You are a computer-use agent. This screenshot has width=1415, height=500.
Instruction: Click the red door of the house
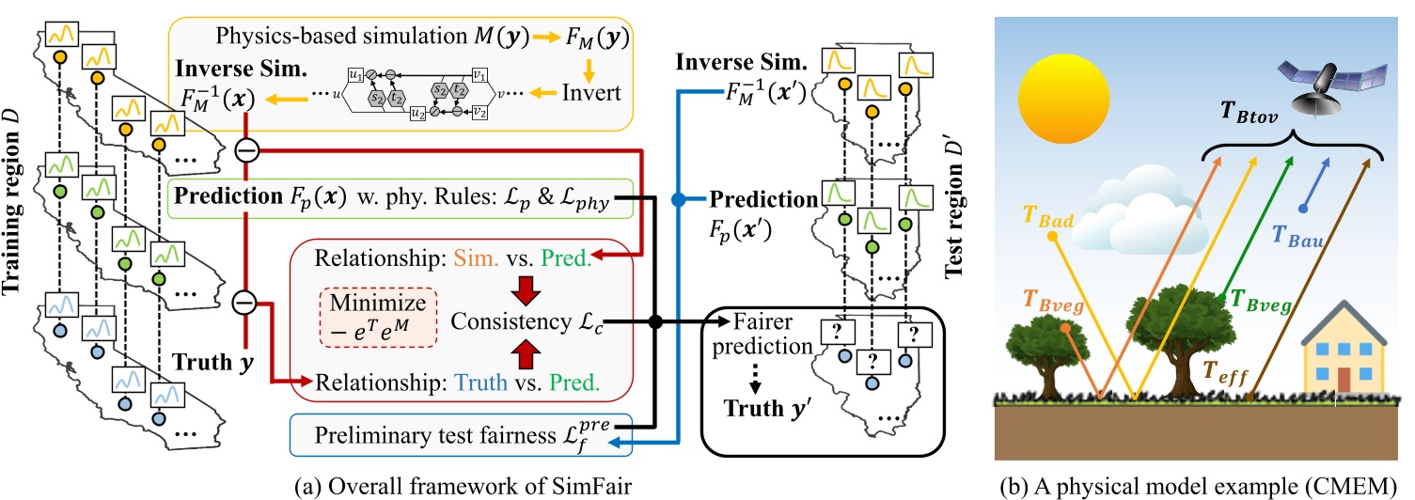[x=1344, y=380]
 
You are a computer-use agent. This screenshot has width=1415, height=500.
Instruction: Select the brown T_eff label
[x=1225, y=372]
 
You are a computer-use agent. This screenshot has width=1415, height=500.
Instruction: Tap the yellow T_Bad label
[x=1047, y=216]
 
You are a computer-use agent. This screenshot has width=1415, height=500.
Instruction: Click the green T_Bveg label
[x=1261, y=301]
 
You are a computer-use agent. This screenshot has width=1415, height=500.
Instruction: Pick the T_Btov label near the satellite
[x=1249, y=113]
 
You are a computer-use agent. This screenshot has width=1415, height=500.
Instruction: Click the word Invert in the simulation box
[x=591, y=93]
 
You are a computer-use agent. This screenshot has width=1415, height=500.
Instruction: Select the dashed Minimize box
[x=378, y=318]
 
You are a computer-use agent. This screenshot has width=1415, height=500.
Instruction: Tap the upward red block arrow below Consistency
[x=526, y=354]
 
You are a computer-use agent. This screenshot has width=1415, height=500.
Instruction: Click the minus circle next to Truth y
[x=244, y=303]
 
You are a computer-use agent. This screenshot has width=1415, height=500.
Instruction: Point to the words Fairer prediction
[x=762, y=334]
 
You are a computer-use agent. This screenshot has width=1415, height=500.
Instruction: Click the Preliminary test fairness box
[x=461, y=435]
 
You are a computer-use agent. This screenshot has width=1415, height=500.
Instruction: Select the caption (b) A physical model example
[x=1199, y=486]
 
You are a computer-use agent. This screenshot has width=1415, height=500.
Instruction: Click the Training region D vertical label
[x=11, y=202]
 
